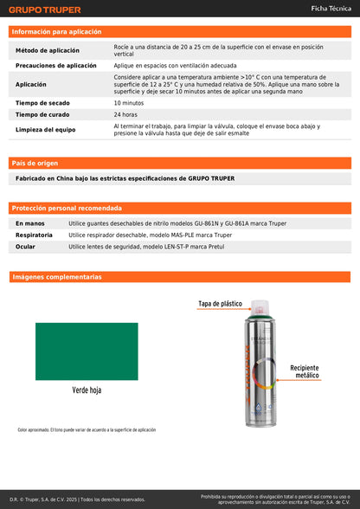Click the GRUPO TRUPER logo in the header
(44, 10)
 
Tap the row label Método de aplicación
(52, 51)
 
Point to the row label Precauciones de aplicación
(56, 66)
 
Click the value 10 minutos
(129, 102)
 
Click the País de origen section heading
(35, 163)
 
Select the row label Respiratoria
(34, 235)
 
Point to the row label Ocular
(25, 247)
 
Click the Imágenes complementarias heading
(56, 277)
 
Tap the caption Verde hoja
(87, 390)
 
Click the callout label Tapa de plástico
(220, 304)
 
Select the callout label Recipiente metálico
(304, 372)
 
